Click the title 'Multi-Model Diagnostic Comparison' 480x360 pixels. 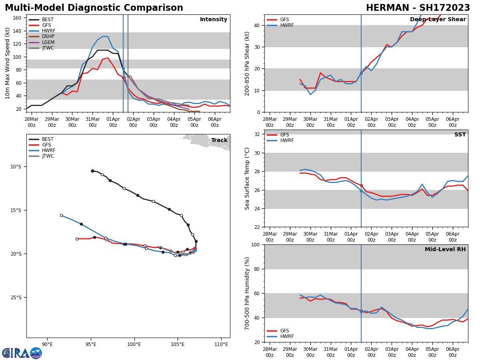[94, 8]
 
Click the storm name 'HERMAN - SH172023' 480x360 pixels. [418, 8]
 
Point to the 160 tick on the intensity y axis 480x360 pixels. [17, 18]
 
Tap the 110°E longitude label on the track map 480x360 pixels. [221, 344]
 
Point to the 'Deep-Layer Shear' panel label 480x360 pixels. [438, 20]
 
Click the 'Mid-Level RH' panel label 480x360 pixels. [445, 250]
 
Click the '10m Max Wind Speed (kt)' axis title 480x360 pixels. [8, 63]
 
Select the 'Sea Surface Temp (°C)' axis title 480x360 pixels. [247, 178]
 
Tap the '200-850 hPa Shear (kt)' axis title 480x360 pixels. [247, 63]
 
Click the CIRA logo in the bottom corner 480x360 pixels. [22, 353]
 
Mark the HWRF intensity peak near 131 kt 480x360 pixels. [105, 36]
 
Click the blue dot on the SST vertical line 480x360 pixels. [361, 191]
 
